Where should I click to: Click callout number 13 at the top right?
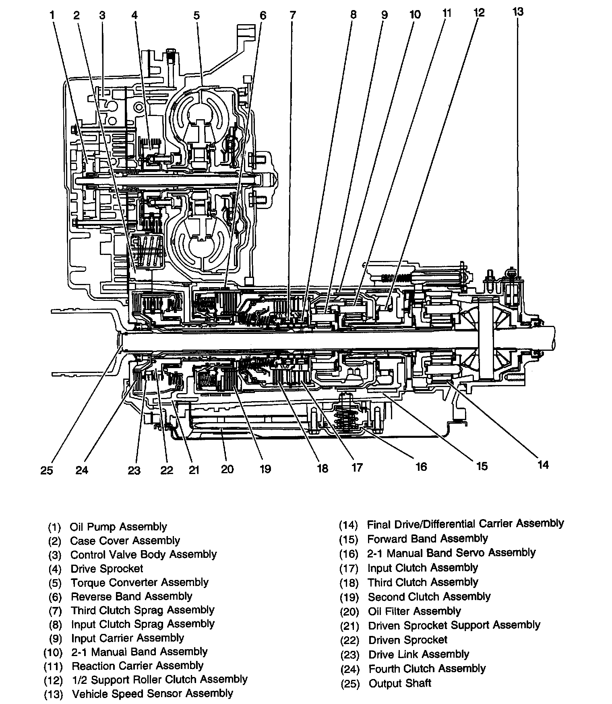[518, 12]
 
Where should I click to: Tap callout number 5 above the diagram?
[196, 15]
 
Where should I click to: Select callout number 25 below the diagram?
[47, 470]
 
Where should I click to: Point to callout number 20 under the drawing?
[227, 469]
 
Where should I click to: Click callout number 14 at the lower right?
[543, 465]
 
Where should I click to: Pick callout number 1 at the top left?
[52, 15]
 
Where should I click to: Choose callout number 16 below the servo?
[421, 466]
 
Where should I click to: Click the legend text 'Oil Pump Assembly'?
[118, 527]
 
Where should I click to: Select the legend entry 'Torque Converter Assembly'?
[139, 582]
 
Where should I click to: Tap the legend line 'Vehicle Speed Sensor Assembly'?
[152, 694]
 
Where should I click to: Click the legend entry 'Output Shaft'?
[399, 683]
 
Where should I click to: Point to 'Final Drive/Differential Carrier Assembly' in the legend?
[465, 524]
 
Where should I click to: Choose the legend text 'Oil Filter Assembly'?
[414, 611]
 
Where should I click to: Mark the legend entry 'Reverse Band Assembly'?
[131, 596]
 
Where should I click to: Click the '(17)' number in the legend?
[349, 569]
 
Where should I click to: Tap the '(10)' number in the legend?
[53, 652]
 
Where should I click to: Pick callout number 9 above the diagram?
[384, 15]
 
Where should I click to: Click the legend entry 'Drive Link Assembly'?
[419, 654]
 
